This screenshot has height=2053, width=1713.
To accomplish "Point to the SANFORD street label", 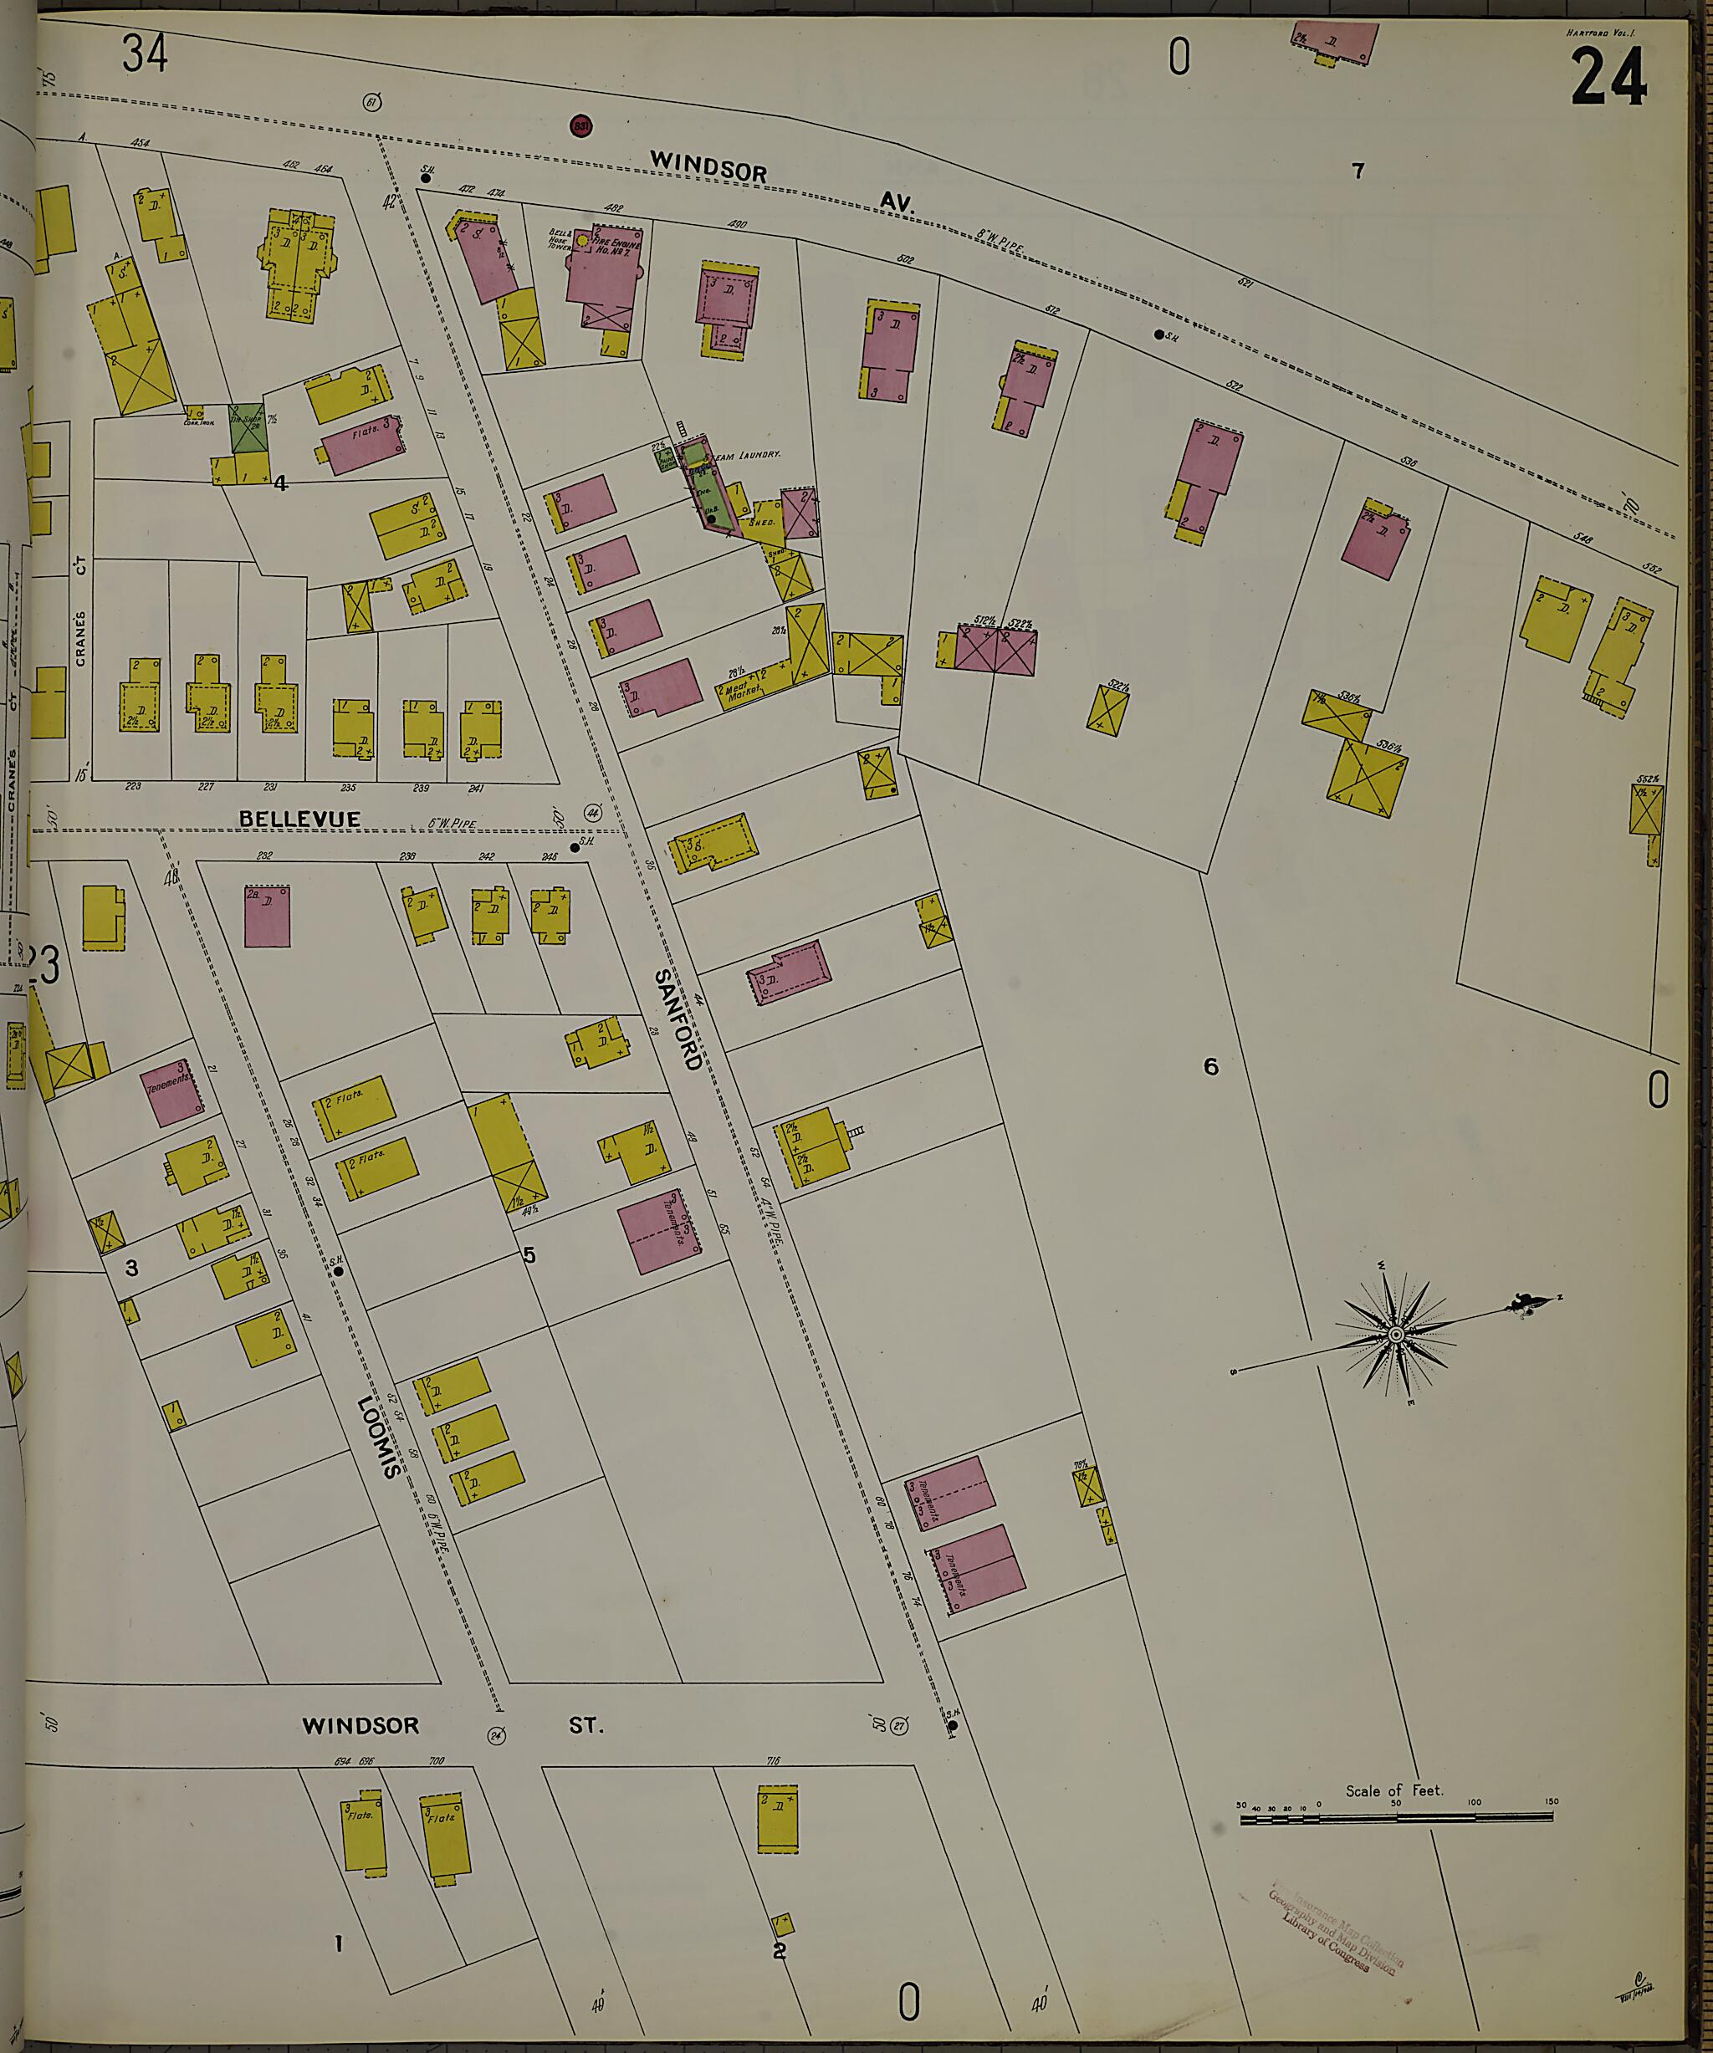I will click(x=678, y=1019).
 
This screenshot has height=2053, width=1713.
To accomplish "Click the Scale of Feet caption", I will click(x=1393, y=1790).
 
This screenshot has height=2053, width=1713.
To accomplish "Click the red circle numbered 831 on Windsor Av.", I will click(x=580, y=126).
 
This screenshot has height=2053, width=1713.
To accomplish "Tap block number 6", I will click(x=1210, y=1066).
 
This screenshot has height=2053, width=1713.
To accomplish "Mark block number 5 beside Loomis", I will click(x=529, y=1255).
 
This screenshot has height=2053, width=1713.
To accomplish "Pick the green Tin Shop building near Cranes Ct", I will click(x=248, y=427).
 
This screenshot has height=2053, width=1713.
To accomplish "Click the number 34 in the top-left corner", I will click(x=145, y=53).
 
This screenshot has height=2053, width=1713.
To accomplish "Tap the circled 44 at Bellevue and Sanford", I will click(x=591, y=812).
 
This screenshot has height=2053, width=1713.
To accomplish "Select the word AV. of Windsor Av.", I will click(x=895, y=202).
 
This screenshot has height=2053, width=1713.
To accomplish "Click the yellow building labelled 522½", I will click(x=1107, y=710).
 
